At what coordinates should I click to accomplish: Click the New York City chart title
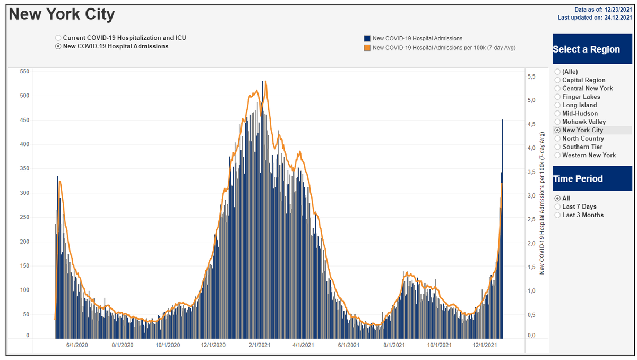click(62, 14)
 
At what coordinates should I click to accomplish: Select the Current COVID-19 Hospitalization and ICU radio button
click(58, 38)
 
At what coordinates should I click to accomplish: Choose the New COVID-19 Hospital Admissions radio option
click(58, 46)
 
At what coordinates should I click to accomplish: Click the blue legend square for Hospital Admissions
click(367, 38)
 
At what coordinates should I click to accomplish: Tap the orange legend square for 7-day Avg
click(367, 48)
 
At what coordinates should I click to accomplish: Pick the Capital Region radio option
click(557, 80)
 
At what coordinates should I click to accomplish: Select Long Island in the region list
click(557, 105)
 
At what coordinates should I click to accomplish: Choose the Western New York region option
click(557, 155)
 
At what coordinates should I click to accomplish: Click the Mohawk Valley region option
click(557, 122)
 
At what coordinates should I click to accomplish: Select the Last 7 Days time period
click(557, 207)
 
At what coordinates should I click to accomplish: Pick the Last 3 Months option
click(557, 215)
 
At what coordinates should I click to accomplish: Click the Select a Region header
click(586, 49)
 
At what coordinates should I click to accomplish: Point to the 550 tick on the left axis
click(24, 71)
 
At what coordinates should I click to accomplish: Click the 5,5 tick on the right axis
click(531, 76)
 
